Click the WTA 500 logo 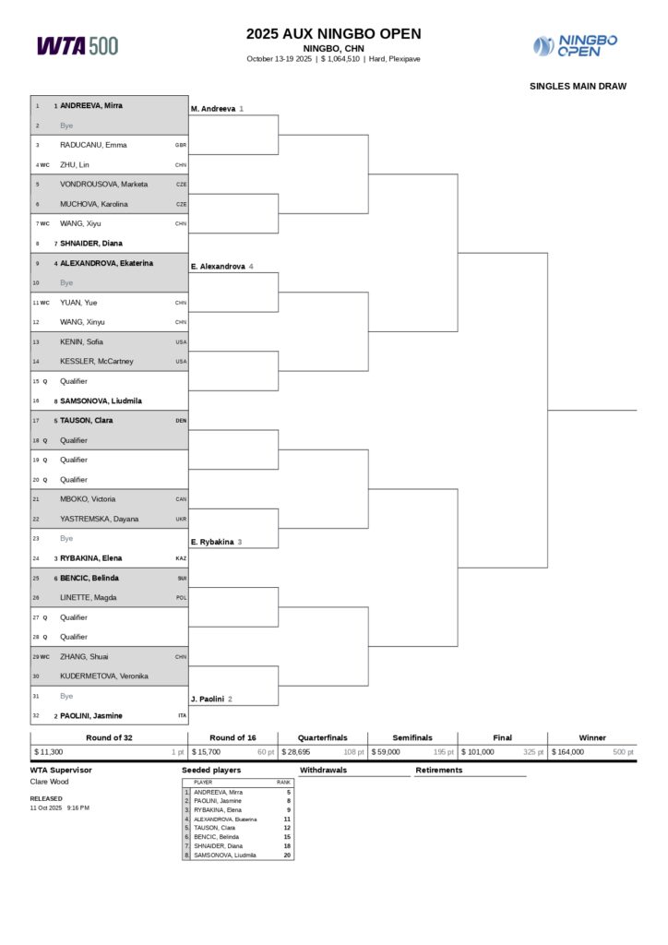tap(78, 45)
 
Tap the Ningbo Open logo tap(575, 45)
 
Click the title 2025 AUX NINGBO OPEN tap(333, 34)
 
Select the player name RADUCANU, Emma tap(93, 145)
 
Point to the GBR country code tap(181, 145)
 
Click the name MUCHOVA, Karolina tap(94, 204)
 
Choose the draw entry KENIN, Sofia tap(81, 341)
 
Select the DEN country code tap(181, 421)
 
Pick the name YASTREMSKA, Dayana tap(100, 519)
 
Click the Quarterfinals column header tap(322, 737)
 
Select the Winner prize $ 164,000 tap(568, 752)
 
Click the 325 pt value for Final tap(533, 752)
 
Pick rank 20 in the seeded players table tap(287, 855)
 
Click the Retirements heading tap(440, 770)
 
